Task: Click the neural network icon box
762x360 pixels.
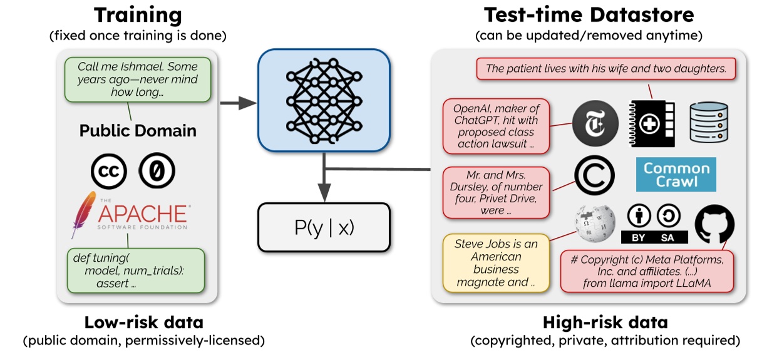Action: (x=324, y=100)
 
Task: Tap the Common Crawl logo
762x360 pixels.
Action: (x=676, y=175)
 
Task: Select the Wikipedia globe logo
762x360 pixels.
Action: (x=592, y=224)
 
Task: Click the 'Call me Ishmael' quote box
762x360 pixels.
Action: (x=138, y=80)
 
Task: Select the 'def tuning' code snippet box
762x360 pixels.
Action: (x=136, y=269)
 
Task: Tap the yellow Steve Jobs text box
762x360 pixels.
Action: (x=495, y=264)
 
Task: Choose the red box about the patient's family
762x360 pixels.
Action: (x=605, y=69)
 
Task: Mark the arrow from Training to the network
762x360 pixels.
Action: (x=237, y=101)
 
